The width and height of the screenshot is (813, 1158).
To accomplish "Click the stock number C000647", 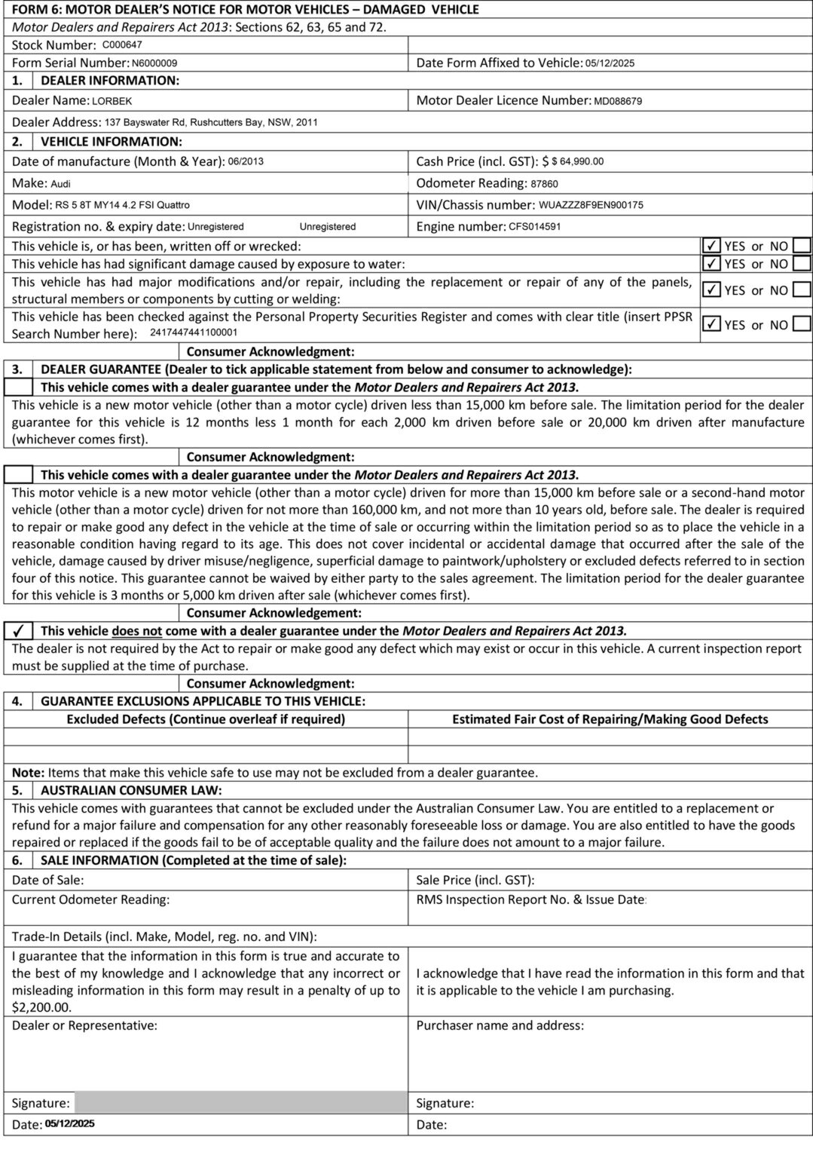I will (x=122, y=44).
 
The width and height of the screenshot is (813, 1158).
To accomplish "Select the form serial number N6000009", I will (x=154, y=63).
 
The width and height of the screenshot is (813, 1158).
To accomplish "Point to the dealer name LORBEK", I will (x=112, y=100).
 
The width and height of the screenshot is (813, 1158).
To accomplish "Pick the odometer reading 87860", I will (x=544, y=183).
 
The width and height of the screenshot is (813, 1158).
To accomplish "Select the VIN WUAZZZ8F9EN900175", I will (x=591, y=205).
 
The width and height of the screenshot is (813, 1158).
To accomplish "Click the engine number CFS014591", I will (x=534, y=226).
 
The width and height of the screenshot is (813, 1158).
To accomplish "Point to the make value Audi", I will (x=60, y=183).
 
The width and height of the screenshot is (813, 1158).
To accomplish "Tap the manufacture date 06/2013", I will (x=246, y=161).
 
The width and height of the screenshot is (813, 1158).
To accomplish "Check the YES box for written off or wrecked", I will (x=711, y=246).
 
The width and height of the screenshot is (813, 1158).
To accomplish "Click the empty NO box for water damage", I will (x=802, y=264).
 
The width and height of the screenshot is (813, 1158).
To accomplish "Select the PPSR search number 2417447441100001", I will (x=194, y=332).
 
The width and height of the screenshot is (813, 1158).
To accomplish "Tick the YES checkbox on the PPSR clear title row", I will (x=711, y=325).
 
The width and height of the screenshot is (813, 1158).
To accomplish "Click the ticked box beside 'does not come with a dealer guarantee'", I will (x=19, y=631).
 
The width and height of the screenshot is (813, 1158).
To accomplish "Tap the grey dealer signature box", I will (x=240, y=1103).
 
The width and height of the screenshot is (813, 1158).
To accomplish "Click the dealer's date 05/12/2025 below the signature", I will (x=69, y=1124).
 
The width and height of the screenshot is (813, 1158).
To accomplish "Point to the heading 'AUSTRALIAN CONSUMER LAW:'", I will (x=131, y=790).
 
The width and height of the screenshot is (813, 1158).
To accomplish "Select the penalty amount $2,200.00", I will (x=42, y=1007).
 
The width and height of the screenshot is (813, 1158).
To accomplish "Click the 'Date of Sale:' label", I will (x=47, y=880).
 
